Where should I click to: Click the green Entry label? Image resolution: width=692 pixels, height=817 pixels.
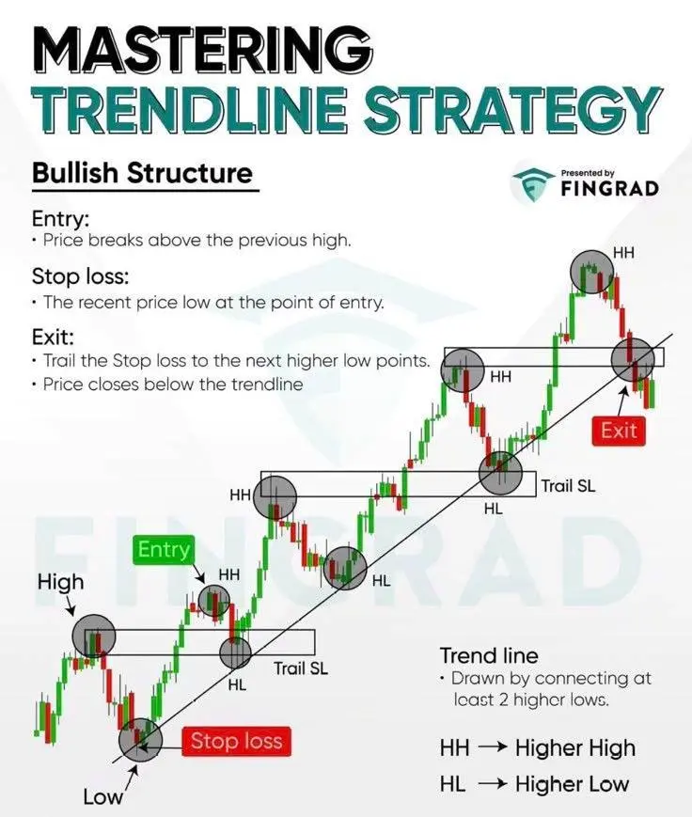pyautogui.click(x=164, y=550)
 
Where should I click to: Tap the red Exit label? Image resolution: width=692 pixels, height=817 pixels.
pyautogui.click(x=619, y=431)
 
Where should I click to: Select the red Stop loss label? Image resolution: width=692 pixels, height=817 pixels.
pyautogui.click(x=236, y=741)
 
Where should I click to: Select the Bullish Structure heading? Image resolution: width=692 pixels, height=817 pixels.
pyautogui.click(x=142, y=173)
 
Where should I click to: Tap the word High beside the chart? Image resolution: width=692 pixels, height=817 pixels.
pyautogui.click(x=60, y=582)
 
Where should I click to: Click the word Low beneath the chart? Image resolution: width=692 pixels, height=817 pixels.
pyautogui.click(x=102, y=796)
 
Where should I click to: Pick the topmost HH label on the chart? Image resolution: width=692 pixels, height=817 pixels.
pyautogui.click(x=623, y=253)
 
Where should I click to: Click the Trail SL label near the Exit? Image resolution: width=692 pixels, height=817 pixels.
pyautogui.click(x=568, y=486)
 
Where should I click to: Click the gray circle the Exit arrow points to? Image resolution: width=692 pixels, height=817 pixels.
pyautogui.click(x=633, y=359)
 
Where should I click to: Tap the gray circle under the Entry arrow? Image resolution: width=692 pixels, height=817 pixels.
pyautogui.click(x=213, y=601)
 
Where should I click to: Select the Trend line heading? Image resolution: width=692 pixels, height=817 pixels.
pyautogui.click(x=489, y=655)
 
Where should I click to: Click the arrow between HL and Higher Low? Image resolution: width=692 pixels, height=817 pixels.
pyautogui.click(x=492, y=784)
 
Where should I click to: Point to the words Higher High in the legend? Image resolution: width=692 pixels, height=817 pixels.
pyautogui.click(x=575, y=748)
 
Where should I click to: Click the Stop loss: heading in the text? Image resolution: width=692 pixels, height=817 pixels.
pyautogui.click(x=80, y=276)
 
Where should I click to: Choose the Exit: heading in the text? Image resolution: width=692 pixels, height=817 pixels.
pyautogui.click(x=53, y=337)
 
